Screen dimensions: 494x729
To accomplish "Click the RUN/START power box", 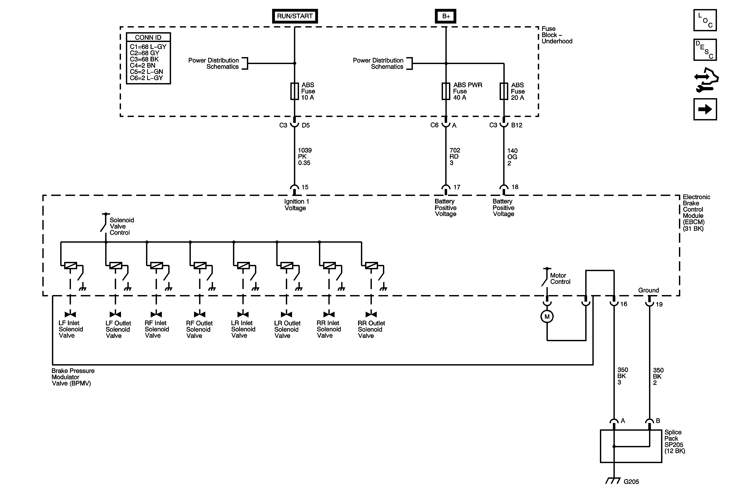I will [x=294, y=16].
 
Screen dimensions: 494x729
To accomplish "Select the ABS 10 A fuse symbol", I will [x=294, y=91].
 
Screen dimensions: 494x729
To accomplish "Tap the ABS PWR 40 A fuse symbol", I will [x=446, y=91].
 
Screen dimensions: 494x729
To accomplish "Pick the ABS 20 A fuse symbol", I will [x=504, y=91].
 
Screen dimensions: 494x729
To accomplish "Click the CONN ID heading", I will [x=148, y=37].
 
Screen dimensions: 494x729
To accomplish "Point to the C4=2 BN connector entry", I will [x=143, y=65].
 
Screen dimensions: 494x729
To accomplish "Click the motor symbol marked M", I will [x=547, y=317].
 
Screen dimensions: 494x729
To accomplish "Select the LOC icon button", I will [x=705, y=20].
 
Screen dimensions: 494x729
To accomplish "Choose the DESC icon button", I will [x=705, y=50].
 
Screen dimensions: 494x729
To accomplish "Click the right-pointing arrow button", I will [x=705, y=109].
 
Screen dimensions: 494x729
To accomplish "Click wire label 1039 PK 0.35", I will [x=304, y=156].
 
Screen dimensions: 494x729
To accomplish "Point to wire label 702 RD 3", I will [x=454, y=156].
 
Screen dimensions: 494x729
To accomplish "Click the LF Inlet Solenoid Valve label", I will [x=71, y=329].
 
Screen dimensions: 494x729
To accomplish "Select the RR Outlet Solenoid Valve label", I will [x=371, y=329].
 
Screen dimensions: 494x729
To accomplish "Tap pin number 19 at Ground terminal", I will [x=659, y=304].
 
